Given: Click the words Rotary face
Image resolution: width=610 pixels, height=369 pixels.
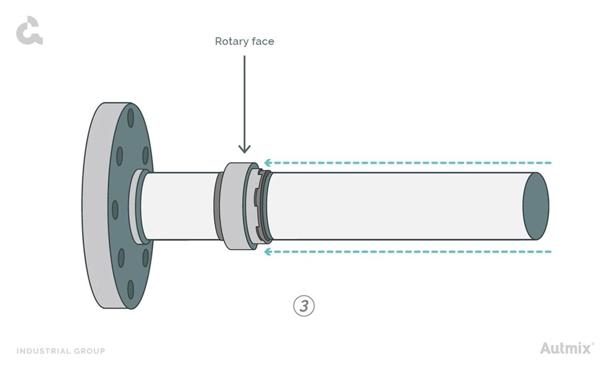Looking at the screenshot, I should click(x=244, y=41).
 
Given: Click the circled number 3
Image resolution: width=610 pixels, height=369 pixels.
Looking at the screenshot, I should click(x=304, y=306).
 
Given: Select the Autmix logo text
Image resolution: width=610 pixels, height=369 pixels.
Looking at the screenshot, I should click(x=565, y=348).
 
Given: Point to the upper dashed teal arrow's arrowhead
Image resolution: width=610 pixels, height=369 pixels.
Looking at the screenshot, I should click(x=268, y=163).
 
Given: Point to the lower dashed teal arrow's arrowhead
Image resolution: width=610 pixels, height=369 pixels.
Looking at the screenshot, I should click(x=268, y=251).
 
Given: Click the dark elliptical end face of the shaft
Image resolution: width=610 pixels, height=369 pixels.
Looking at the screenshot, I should click(x=535, y=206).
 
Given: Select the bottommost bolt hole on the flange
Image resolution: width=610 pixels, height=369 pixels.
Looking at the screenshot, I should click(x=131, y=289).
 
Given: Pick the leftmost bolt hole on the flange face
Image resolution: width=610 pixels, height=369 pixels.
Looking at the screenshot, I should click(x=115, y=210).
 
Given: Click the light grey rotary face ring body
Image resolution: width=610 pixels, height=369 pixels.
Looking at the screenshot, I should click(x=233, y=206).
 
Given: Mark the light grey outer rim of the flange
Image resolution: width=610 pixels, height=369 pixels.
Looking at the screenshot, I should click(x=93, y=206).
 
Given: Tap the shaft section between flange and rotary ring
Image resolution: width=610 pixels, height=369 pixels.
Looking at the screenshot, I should click(x=178, y=206).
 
